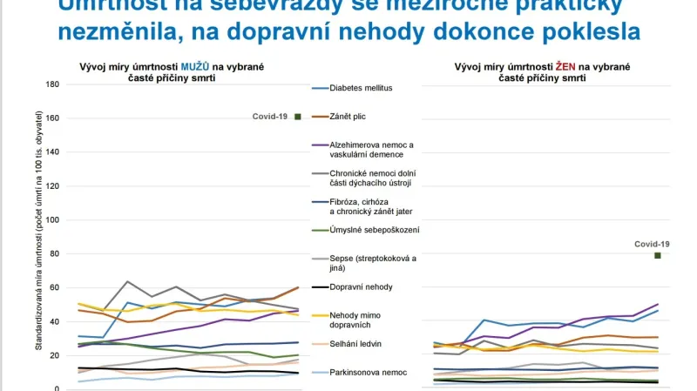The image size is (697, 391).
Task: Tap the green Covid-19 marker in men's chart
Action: pyautogui.click(x=298, y=117)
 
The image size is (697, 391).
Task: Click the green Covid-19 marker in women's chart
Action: pyautogui.click(x=658, y=255)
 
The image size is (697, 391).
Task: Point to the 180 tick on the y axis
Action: pyautogui.click(x=51, y=84)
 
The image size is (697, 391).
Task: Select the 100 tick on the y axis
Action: pyautogui.click(x=51, y=220)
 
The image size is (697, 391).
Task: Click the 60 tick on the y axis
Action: pyautogui.click(x=53, y=287)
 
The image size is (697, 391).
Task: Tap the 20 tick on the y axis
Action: pyautogui.click(x=53, y=355)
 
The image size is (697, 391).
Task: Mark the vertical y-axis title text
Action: pyautogui.click(x=38, y=235)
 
